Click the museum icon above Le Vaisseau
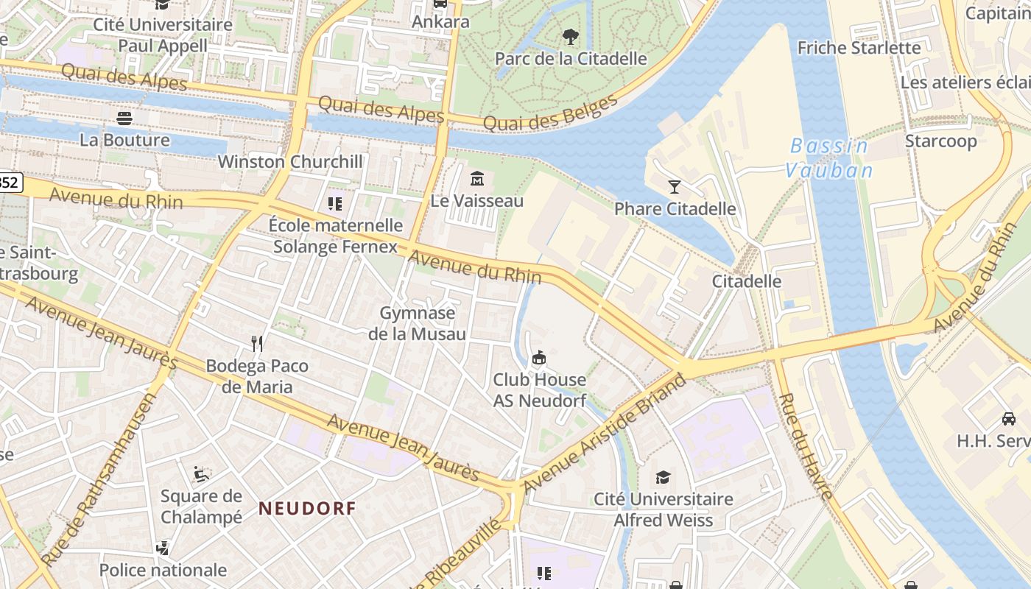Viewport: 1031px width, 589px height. tap(476, 178)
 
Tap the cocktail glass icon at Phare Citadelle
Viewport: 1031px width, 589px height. tap(674, 186)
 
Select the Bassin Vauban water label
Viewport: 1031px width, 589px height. tap(828, 158)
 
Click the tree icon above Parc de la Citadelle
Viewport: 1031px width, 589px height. tap(570, 36)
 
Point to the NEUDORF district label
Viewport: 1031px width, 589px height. tap(307, 508)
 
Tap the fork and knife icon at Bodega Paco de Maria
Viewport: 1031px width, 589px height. tap(257, 343)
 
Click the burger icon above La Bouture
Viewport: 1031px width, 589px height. tap(124, 118)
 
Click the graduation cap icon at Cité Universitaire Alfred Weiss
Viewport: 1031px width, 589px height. tap(664, 477)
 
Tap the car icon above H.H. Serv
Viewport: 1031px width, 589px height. tap(1008, 419)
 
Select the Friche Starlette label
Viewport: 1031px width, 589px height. tap(859, 48)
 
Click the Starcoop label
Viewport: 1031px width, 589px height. tap(940, 141)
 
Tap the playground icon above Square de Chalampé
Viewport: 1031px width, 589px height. tap(201, 473)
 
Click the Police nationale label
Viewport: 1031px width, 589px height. tap(163, 570)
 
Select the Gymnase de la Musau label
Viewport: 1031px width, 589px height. tap(417, 323)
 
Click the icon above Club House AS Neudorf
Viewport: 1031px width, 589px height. tap(539, 358)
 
